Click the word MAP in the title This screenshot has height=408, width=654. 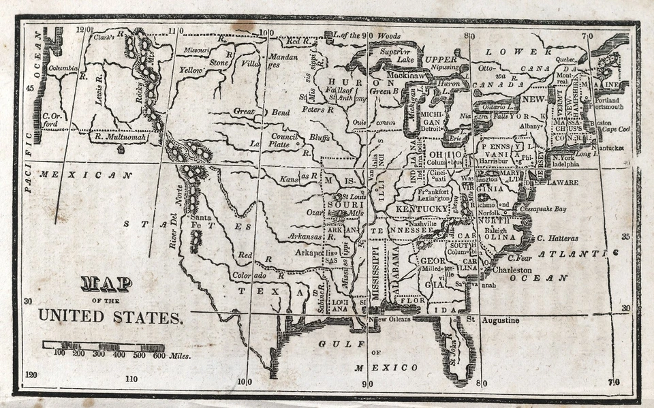point(106,283)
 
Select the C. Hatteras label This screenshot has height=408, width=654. point(557,238)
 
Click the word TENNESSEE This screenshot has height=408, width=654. point(402,231)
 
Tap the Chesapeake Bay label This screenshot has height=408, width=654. point(543,209)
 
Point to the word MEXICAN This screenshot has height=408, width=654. point(84,175)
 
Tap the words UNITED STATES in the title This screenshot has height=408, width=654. point(110,316)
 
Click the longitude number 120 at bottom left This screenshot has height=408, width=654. point(31,375)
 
